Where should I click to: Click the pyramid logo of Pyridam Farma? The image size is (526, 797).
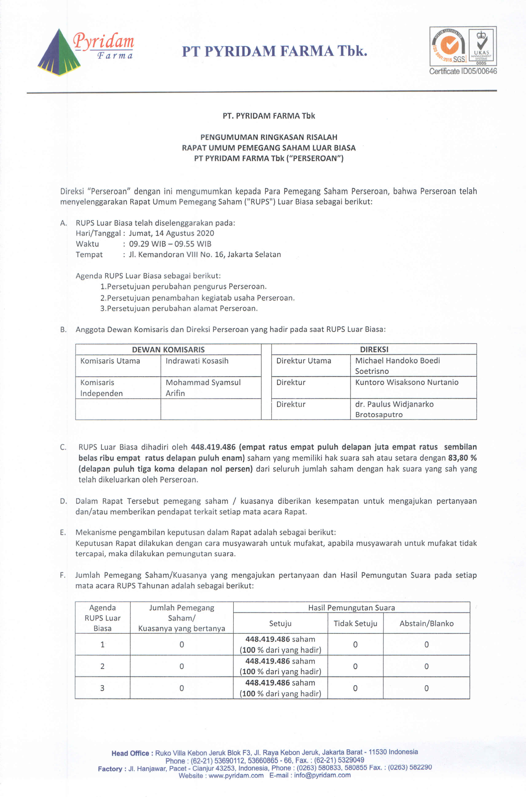point(59,53)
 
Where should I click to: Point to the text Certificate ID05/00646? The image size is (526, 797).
point(463,71)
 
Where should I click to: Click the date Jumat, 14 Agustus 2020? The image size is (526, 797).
point(171,233)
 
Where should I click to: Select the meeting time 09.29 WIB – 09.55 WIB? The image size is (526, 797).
point(170,244)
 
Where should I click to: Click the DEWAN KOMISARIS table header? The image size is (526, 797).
point(168,349)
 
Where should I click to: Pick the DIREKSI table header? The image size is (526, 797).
point(374,349)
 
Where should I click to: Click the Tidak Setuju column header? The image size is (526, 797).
point(355,623)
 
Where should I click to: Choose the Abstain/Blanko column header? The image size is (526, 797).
point(426,623)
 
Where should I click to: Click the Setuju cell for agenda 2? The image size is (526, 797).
point(280,666)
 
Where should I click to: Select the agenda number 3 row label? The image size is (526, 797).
point(102,688)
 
